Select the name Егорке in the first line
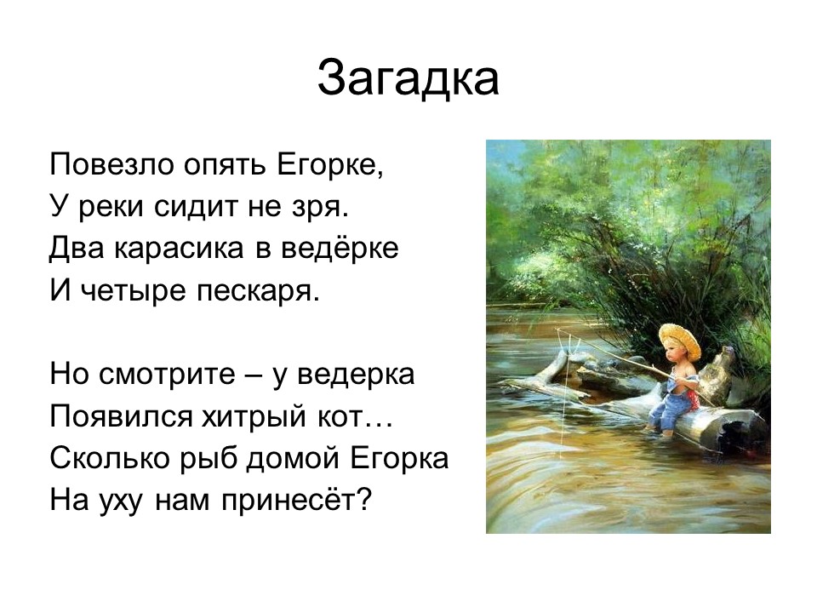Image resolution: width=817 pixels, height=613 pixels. [x=330, y=164]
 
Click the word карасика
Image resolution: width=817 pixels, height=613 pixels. [x=178, y=249]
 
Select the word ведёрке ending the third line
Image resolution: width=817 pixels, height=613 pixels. [x=340, y=248]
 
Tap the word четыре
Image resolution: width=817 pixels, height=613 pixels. [x=134, y=291]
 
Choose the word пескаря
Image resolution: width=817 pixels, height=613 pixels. [x=258, y=291]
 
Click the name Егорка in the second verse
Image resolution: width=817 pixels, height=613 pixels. [x=399, y=459]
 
